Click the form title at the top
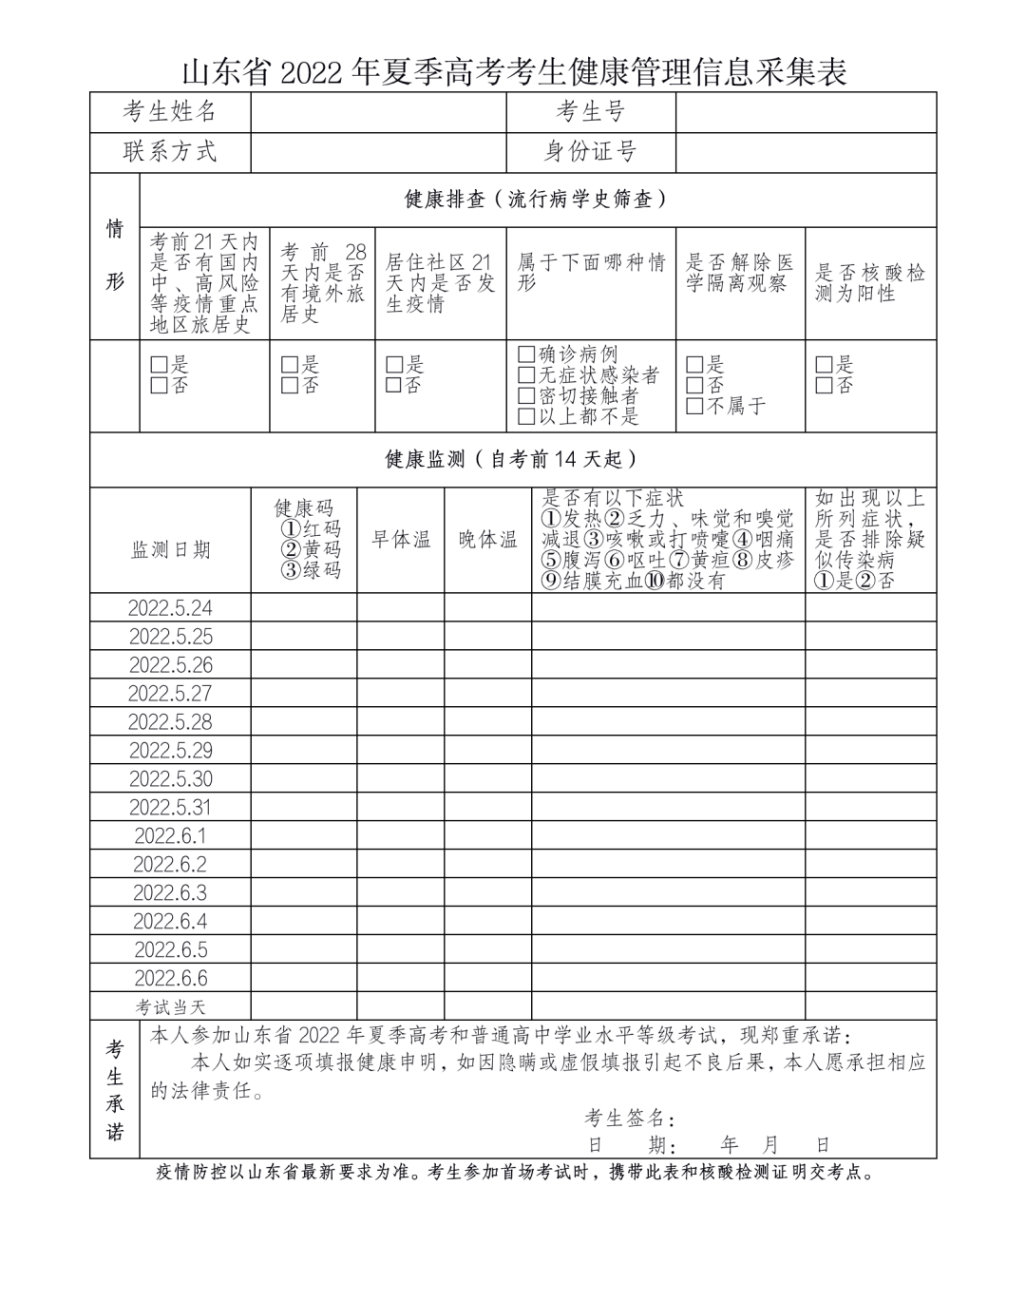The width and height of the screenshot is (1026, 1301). pos(513,71)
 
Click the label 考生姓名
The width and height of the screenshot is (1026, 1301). pos(170,112)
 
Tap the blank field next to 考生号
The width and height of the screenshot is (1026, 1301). pos(806,112)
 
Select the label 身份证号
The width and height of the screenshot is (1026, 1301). pos(590,152)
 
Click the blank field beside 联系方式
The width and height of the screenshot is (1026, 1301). pos(378,152)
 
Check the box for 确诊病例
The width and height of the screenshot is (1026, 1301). pos(526,354)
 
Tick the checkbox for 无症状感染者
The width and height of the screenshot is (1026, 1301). pos(526,375)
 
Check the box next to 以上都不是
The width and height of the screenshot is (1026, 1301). pos(526,416)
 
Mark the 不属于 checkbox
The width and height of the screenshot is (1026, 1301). pos(694,406)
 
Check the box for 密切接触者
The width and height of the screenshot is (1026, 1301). pos(526,395)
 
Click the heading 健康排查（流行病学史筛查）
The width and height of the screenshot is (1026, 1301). pos(537,200)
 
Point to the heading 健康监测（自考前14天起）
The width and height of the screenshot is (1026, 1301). pos(512,459)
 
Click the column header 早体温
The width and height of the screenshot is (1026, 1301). pos(400,540)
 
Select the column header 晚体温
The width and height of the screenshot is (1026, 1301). pos(487,540)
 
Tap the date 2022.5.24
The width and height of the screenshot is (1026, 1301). pos(171,608)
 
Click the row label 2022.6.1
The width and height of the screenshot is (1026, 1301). pos(171,836)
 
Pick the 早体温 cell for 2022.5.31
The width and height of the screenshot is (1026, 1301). pos(400,808)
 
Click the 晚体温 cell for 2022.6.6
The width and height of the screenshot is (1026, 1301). pos(487,979)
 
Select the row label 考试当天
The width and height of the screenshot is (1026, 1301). pos(171,1006)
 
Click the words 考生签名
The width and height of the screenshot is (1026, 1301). pos(630,1118)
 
